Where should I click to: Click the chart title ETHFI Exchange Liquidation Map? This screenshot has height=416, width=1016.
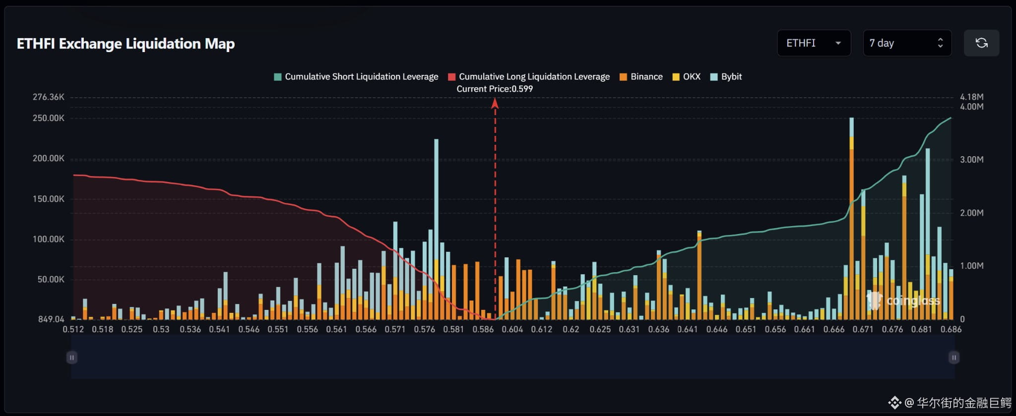(126, 44)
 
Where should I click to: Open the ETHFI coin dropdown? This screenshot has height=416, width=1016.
(814, 43)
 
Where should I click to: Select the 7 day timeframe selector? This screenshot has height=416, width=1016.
(907, 43)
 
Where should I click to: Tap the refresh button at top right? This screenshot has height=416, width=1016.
(981, 43)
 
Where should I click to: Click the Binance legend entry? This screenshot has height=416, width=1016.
(641, 76)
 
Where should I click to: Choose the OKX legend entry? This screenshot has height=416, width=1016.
(687, 76)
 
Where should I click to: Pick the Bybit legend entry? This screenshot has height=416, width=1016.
(726, 76)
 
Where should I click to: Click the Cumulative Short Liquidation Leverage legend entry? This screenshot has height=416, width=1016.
(356, 76)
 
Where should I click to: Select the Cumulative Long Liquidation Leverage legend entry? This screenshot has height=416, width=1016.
(529, 76)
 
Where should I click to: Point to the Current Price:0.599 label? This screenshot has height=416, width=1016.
(495, 89)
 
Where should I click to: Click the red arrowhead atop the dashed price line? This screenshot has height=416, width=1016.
(495, 103)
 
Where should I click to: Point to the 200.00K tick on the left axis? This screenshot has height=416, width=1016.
(49, 158)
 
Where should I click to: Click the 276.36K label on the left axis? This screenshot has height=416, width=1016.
(49, 97)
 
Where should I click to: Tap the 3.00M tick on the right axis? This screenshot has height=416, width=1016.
(971, 159)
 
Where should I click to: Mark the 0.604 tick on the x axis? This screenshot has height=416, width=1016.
(512, 329)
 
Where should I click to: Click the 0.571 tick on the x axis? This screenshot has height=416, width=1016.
(395, 329)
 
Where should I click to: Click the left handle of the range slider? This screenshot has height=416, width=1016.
(72, 357)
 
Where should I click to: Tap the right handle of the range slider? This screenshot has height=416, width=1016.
(953, 357)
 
